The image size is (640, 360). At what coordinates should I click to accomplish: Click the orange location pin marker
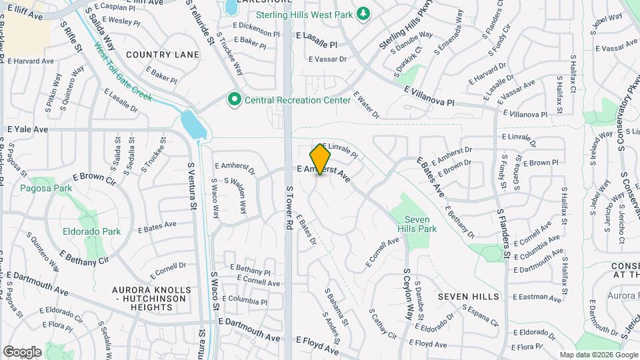[x=321, y=159]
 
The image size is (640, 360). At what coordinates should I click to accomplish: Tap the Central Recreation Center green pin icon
[x=235, y=100]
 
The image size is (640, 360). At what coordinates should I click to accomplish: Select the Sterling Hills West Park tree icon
[x=363, y=14]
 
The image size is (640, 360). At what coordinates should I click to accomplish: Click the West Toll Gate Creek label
[x=123, y=73]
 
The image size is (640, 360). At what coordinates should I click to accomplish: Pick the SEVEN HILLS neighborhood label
[x=469, y=296]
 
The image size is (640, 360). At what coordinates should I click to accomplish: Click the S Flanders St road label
[x=503, y=233]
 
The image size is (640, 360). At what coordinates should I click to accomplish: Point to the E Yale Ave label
[x=28, y=129]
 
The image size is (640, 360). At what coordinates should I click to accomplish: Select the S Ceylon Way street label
[x=407, y=294]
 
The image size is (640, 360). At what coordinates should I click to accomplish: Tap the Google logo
[x=21, y=351]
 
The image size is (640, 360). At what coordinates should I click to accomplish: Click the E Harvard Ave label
[x=29, y=61]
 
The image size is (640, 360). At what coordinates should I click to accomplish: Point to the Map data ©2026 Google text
[x=598, y=355]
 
